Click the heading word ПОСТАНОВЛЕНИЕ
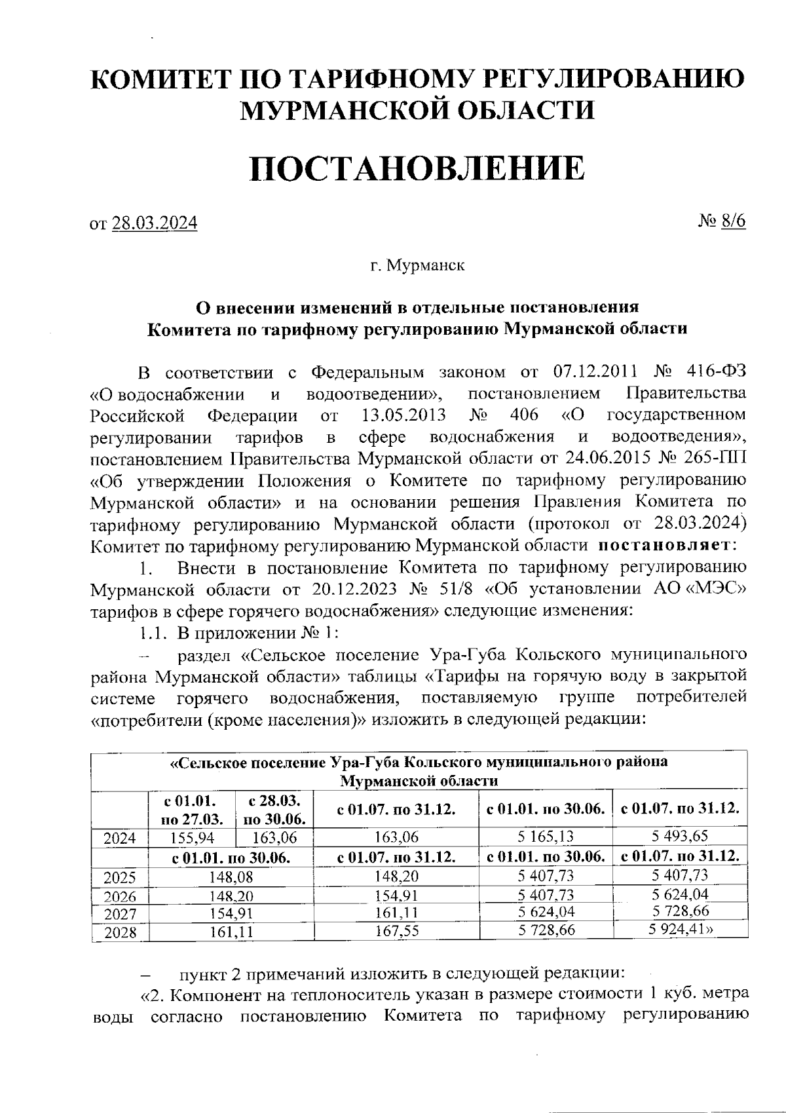click(417, 168)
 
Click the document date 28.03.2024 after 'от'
click(155, 223)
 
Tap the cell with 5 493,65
click(679, 836)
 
